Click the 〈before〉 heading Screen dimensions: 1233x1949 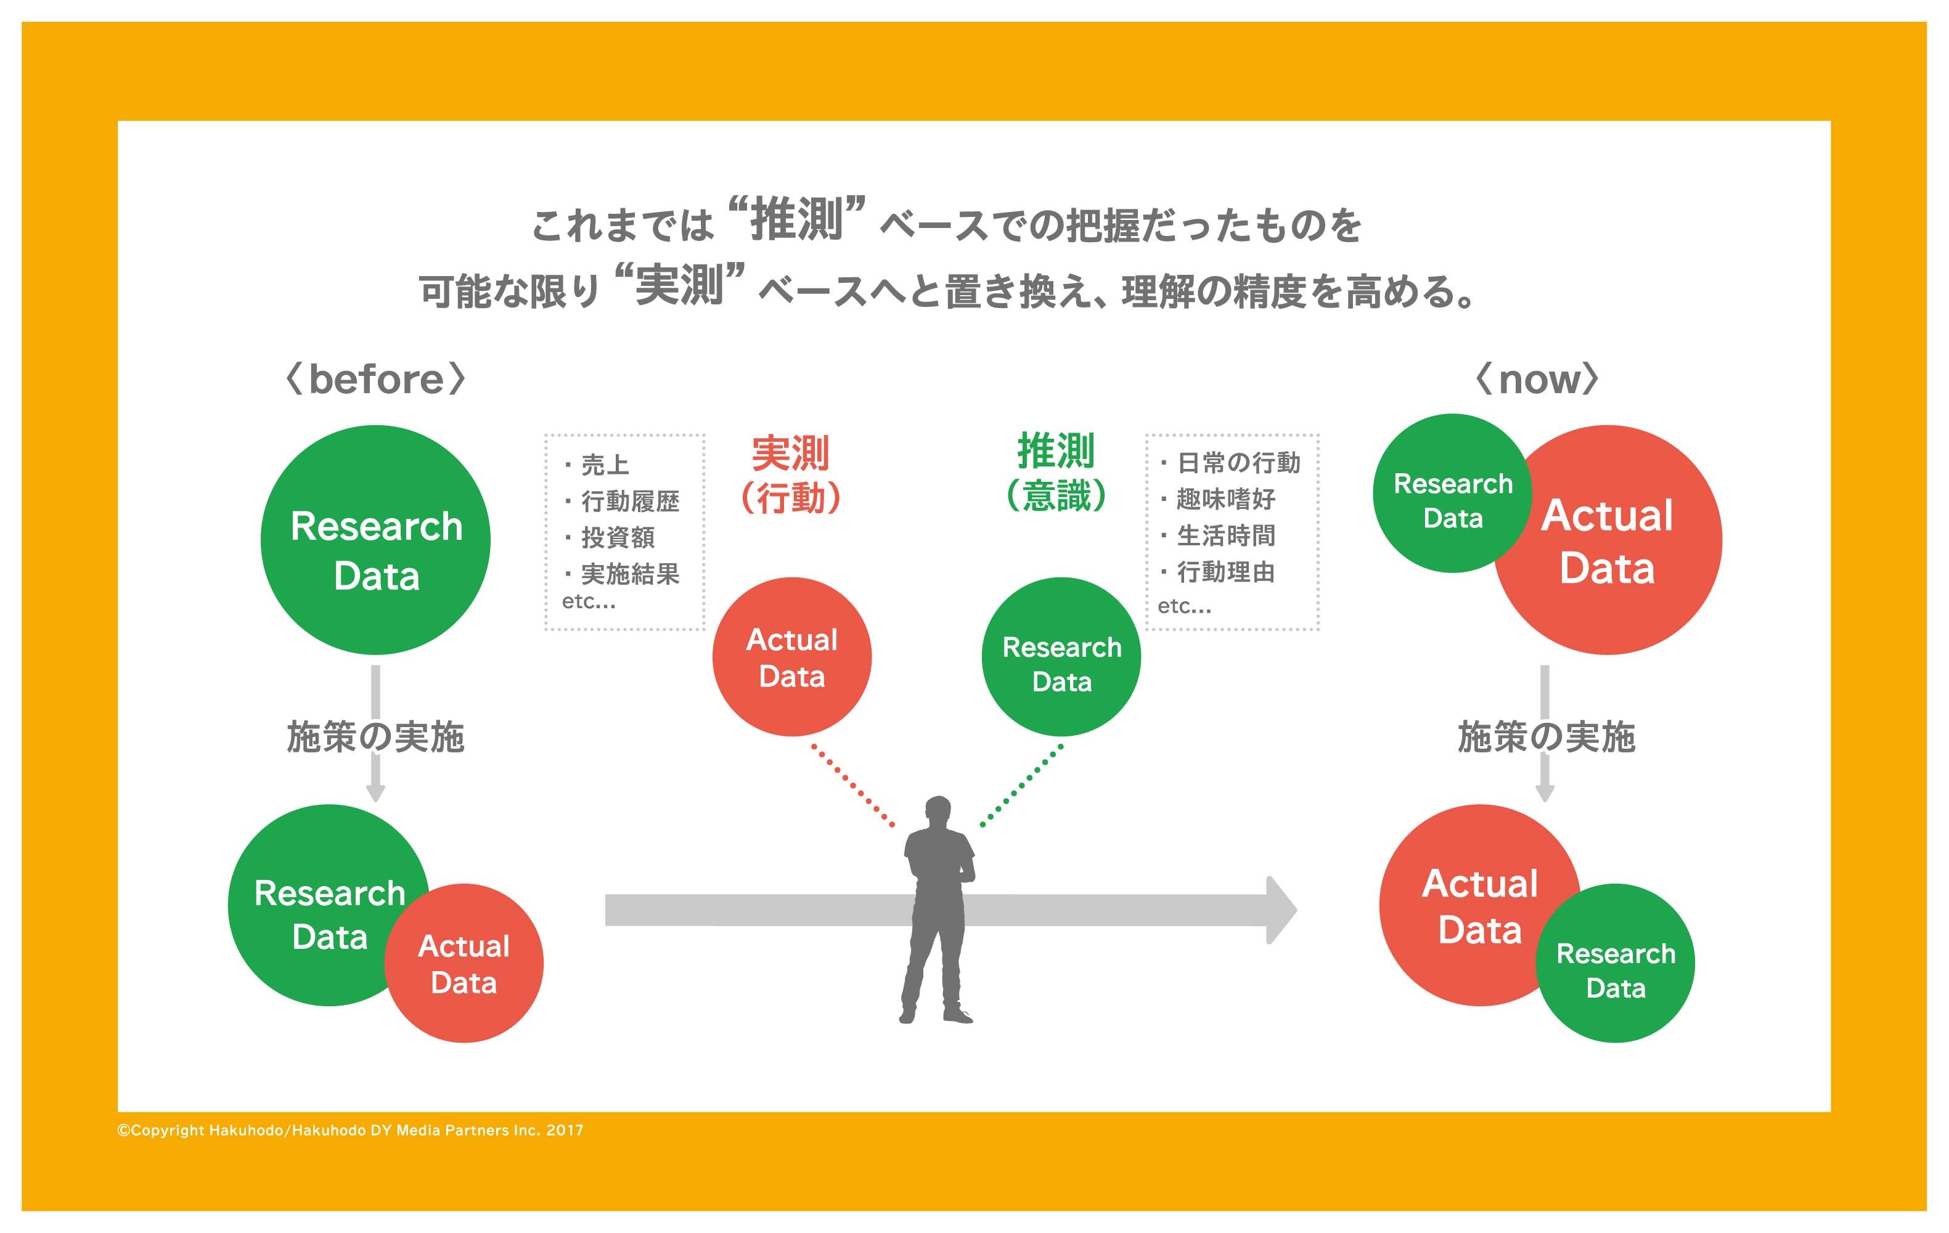pyautogui.click(x=377, y=378)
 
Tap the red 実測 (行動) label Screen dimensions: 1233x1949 pyautogui.click(x=791, y=476)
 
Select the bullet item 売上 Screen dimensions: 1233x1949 pyautogui.click(x=604, y=465)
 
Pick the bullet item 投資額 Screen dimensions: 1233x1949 pyautogui.click(x=617, y=538)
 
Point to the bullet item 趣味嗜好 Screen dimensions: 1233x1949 pyautogui.click(x=1225, y=499)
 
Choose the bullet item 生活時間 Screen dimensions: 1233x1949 pyautogui.click(x=1225, y=535)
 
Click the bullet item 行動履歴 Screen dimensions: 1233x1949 pyautogui.click(x=630, y=502)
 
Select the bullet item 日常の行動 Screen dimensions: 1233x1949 pyautogui.click(x=1238, y=463)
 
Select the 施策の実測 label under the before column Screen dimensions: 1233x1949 pyautogui.click(x=375, y=737)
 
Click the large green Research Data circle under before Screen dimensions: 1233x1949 pyautogui.click(x=375, y=540)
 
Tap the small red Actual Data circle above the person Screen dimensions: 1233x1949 pyautogui.click(x=791, y=657)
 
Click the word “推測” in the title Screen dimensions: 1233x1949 pyautogui.click(x=797, y=219)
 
